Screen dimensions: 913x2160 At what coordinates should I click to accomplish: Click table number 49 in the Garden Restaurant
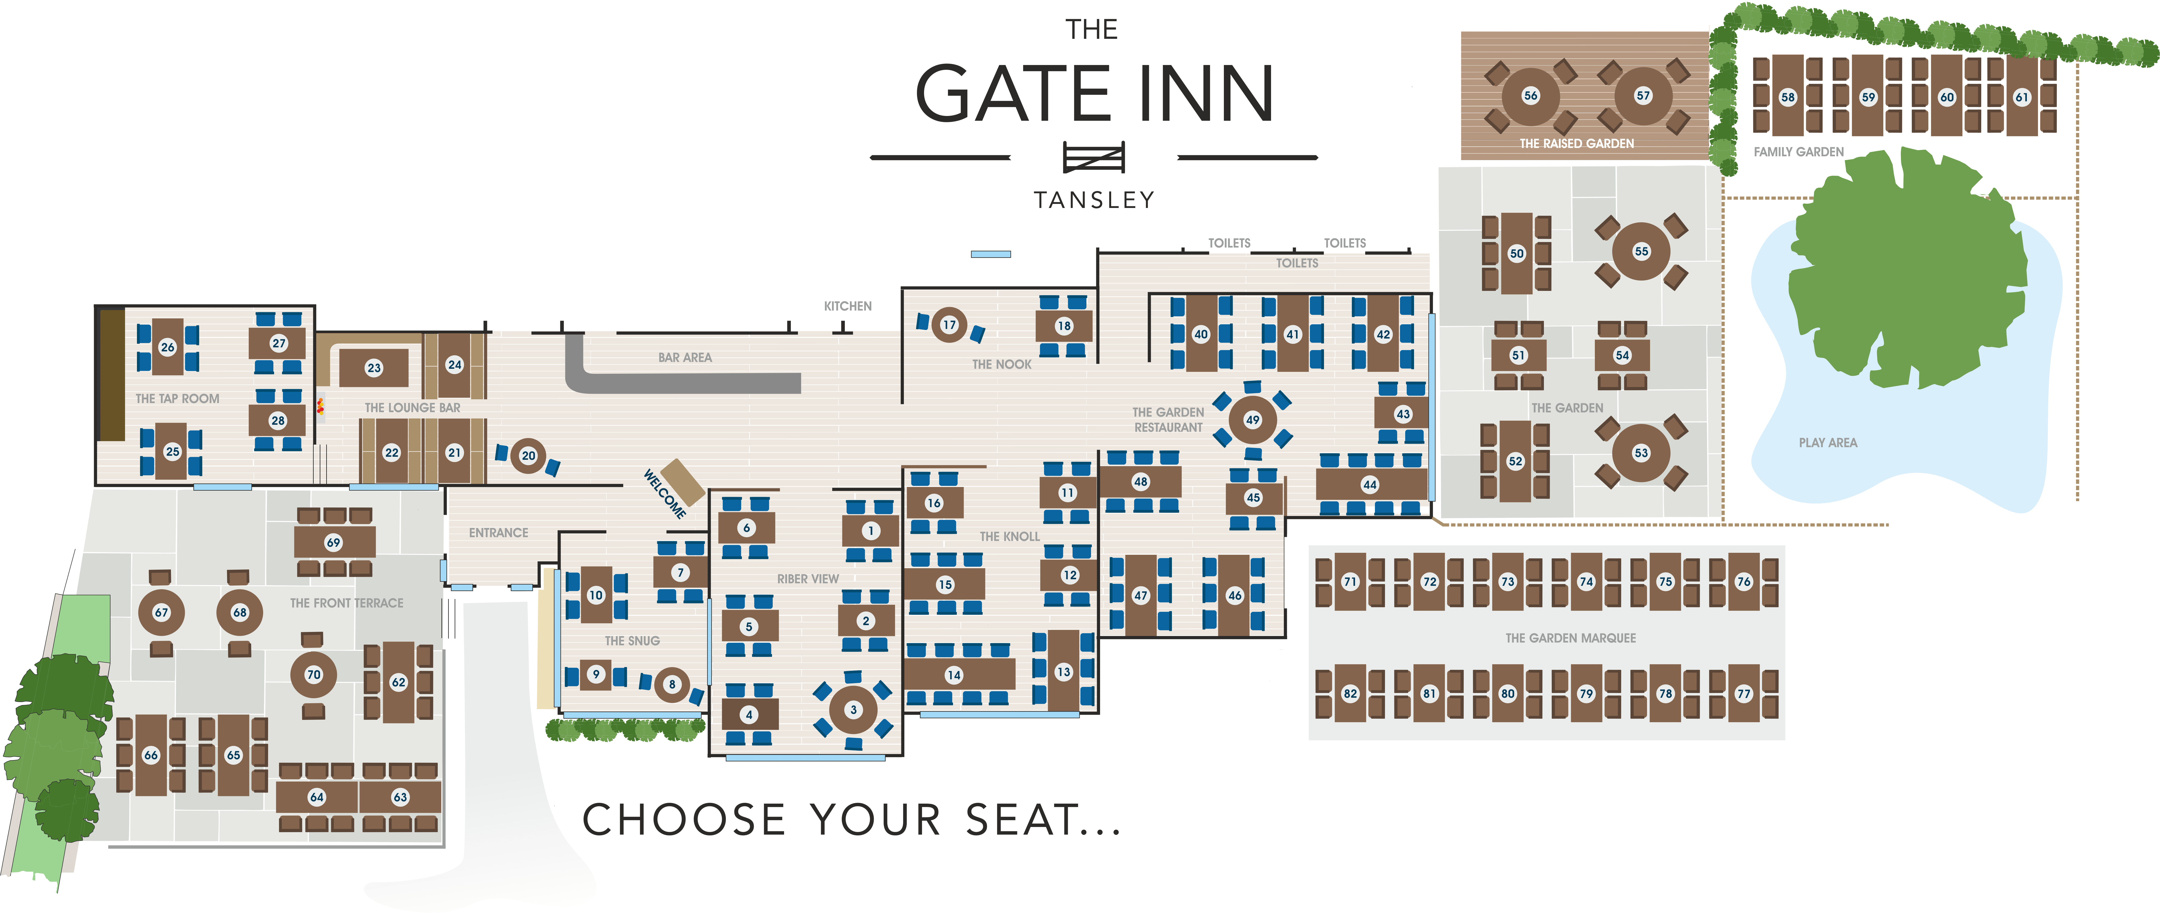[x=1252, y=420]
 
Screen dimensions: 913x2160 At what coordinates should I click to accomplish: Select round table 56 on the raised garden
[x=1530, y=96]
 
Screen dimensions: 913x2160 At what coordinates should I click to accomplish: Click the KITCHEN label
[x=847, y=306]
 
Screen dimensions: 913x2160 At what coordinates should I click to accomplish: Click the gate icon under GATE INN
[x=1093, y=157]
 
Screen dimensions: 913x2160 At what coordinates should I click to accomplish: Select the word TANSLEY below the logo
[x=1093, y=200]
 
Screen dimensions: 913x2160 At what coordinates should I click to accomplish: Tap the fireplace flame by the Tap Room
[x=320, y=407]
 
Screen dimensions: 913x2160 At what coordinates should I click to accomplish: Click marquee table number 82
[x=1350, y=693]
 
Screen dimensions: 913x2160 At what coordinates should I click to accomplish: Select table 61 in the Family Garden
[x=2022, y=97]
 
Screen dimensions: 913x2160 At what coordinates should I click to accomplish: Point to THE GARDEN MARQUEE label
[x=1570, y=638]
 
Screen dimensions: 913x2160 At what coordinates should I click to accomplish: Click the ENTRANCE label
[x=498, y=532]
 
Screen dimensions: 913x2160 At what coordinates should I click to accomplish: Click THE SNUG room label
[x=632, y=641]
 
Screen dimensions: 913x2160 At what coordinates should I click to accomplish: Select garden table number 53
[x=1641, y=453]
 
